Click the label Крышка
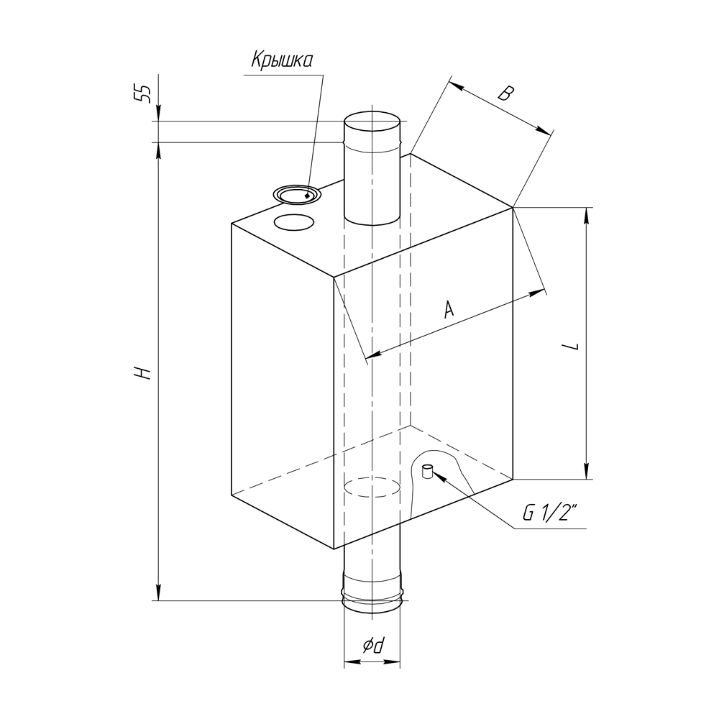pyautogui.click(x=282, y=60)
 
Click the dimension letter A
pyautogui.click(x=449, y=308)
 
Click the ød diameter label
pyautogui.click(x=372, y=646)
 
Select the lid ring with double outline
pyautogui.click(x=297, y=196)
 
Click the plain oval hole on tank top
pyautogui.click(x=294, y=222)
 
